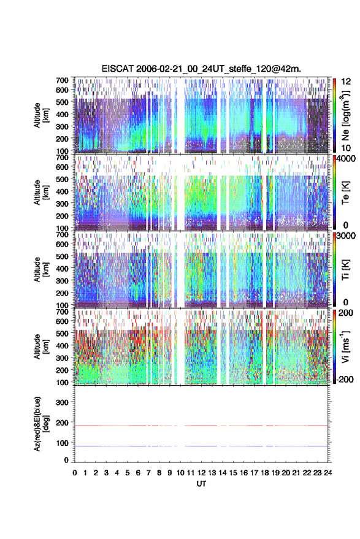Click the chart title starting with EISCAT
tap(202, 69)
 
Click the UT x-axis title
tap(202, 484)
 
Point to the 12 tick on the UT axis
tap(202, 473)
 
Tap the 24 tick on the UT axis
tap(328, 473)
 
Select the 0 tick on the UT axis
tap(75, 473)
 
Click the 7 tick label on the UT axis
tap(148, 473)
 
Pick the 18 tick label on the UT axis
tap(265, 473)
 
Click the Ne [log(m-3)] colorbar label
tap(345, 115)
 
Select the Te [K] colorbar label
tap(345, 193)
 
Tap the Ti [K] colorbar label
tap(345, 270)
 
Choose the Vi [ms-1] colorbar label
tap(345, 346)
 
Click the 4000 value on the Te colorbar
tap(346, 159)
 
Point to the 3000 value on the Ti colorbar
tap(346, 236)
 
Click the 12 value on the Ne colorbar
tap(346, 82)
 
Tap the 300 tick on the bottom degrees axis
tap(62, 402)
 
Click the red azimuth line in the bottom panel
tap(201, 426)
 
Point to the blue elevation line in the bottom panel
tap(201, 446)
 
